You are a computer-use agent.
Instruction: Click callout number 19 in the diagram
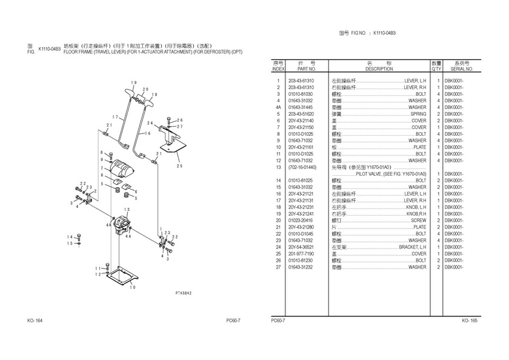click(134, 82)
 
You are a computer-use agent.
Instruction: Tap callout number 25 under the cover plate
click(179, 165)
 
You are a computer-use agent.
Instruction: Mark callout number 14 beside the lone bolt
click(70, 236)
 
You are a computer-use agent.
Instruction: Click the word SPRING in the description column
click(418, 114)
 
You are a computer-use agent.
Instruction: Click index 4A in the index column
click(278, 107)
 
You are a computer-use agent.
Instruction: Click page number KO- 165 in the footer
click(470, 320)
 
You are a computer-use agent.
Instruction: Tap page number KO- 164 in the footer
click(35, 320)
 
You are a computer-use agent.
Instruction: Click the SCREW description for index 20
click(419, 221)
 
